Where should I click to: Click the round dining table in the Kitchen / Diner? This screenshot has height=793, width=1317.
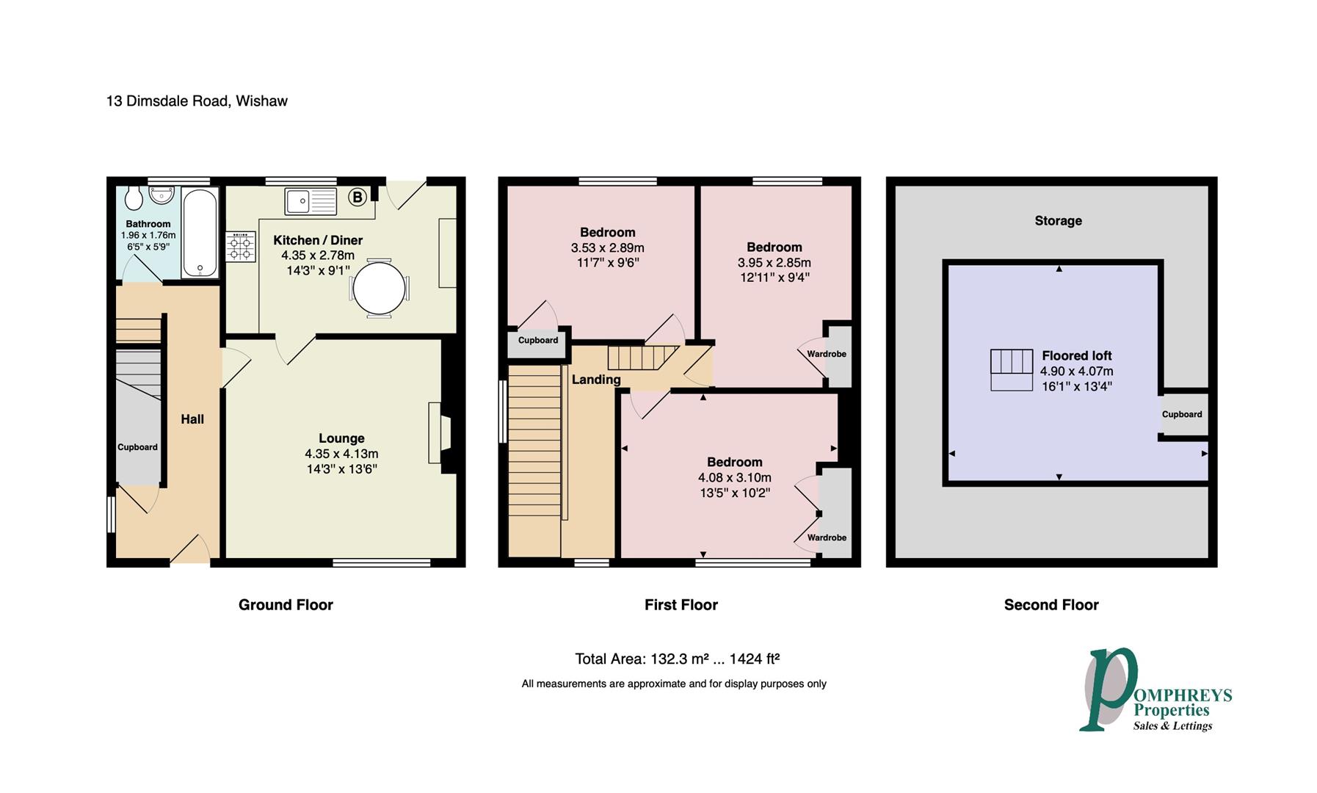tap(379, 287)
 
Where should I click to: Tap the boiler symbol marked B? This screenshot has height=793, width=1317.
tap(358, 197)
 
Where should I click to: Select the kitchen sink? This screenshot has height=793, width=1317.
tap(311, 201)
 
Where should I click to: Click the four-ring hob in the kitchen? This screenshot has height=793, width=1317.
tap(241, 246)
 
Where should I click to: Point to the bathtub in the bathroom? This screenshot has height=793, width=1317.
tap(200, 233)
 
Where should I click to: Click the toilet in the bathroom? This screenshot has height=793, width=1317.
tap(134, 196)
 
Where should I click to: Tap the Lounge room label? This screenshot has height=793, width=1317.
tap(341, 438)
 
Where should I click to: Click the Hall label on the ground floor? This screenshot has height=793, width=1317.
tap(192, 419)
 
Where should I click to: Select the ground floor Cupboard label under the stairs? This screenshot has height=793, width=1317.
tap(138, 447)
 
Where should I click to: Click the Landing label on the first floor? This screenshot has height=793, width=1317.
tap(596, 380)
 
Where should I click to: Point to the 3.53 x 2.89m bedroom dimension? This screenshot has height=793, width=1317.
tap(608, 247)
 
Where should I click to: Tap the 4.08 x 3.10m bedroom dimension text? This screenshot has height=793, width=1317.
tap(735, 477)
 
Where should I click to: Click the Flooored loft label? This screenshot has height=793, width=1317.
tap(1077, 356)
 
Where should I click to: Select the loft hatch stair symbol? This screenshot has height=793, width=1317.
tap(1012, 370)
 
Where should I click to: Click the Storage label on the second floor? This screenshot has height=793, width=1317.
tap(1059, 220)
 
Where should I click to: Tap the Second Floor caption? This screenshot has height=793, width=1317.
tap(1051, 605)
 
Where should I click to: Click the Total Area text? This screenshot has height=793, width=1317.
tap(677, 659)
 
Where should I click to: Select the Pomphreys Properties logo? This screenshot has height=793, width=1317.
tap(1155, 690)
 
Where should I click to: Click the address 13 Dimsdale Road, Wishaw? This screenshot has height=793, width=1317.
tap(197, 101)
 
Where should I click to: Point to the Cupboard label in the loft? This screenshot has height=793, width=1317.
tap(1182, 414)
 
